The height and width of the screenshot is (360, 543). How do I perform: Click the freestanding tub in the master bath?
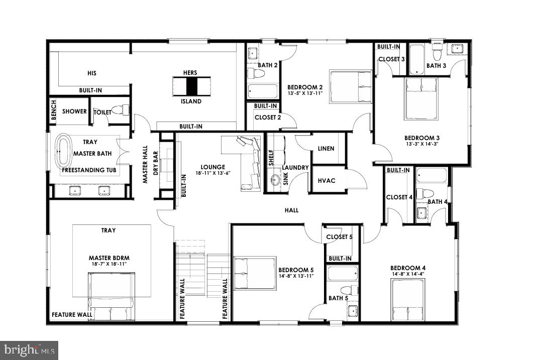[64, 151]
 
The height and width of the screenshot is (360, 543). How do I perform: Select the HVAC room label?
[327, 181]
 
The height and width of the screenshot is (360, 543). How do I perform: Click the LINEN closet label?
[327, 149]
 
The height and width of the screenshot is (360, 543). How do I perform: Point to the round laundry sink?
[275, 180]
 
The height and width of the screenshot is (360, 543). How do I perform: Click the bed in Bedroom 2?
[351, 86]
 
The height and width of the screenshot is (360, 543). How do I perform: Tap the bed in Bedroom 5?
[255, 273]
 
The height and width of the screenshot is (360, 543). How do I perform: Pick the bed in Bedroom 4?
[407, 300]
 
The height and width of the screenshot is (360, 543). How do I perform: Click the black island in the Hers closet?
[190, 86]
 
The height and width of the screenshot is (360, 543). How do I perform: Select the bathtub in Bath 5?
[342, 274]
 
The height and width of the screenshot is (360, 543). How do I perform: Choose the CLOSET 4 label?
[399, 197]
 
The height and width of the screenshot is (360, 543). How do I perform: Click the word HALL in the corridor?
[291, 210]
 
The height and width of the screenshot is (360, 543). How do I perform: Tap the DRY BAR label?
[155, 163]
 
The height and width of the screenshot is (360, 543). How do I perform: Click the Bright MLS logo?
[29, 349]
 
